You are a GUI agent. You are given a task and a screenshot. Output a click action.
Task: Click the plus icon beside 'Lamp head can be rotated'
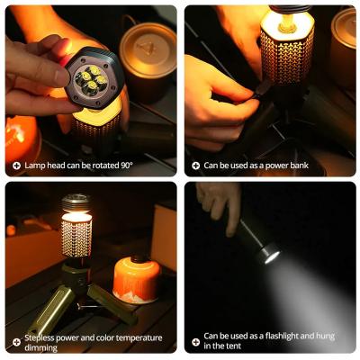[x=16, y=166]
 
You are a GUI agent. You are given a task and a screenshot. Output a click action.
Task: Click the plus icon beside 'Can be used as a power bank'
[x=195, y=166]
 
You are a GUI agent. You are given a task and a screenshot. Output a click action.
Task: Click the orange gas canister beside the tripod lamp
[x=136, y=279]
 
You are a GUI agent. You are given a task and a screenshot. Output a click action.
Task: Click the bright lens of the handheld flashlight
[x=271, y=256]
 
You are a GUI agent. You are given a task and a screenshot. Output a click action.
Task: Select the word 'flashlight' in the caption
[x=277, y=337]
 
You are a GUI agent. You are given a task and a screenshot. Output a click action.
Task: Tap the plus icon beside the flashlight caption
[x=195, y=341]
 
